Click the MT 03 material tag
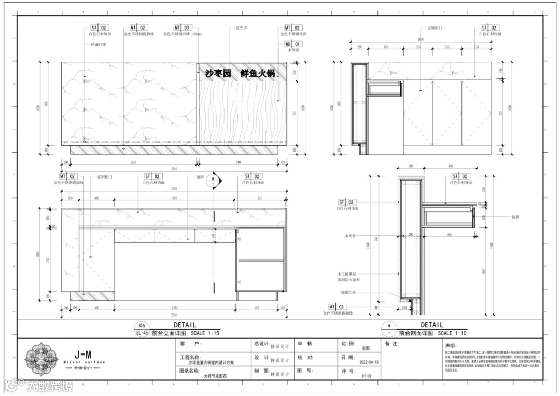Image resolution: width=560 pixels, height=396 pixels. (182, 28)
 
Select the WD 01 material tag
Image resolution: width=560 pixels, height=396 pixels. (293, 45)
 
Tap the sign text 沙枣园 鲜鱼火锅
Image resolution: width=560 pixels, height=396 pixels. (239, 73)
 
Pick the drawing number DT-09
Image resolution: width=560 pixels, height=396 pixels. (366, 375)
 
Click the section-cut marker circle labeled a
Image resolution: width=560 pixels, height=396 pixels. (213, 181)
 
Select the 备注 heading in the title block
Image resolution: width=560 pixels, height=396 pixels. (392, 344)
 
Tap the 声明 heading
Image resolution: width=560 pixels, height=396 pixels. (449, 345)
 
